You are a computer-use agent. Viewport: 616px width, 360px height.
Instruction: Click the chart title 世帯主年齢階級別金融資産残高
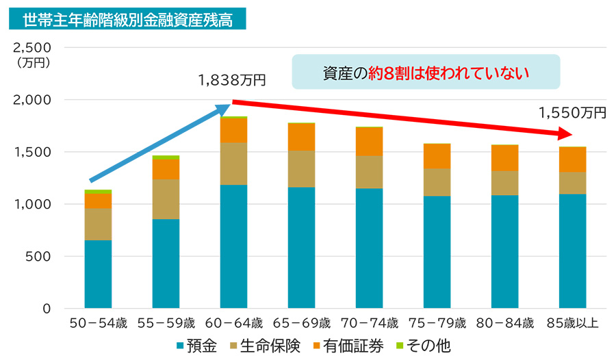[127, 18]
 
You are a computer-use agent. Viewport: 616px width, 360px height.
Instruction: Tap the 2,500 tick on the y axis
[33, 48]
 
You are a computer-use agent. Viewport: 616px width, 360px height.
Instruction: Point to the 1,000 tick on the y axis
[33, 205]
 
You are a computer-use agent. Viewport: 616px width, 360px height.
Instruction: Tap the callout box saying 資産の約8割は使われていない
[426, 73]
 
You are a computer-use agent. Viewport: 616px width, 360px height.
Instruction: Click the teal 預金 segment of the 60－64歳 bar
[233, 246]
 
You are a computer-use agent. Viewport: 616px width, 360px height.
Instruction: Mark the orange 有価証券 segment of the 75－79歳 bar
[437, 156]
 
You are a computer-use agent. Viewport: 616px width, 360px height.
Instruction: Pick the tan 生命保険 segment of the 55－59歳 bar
[166, 198]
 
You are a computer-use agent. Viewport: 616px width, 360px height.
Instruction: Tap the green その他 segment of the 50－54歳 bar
[98, 192]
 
